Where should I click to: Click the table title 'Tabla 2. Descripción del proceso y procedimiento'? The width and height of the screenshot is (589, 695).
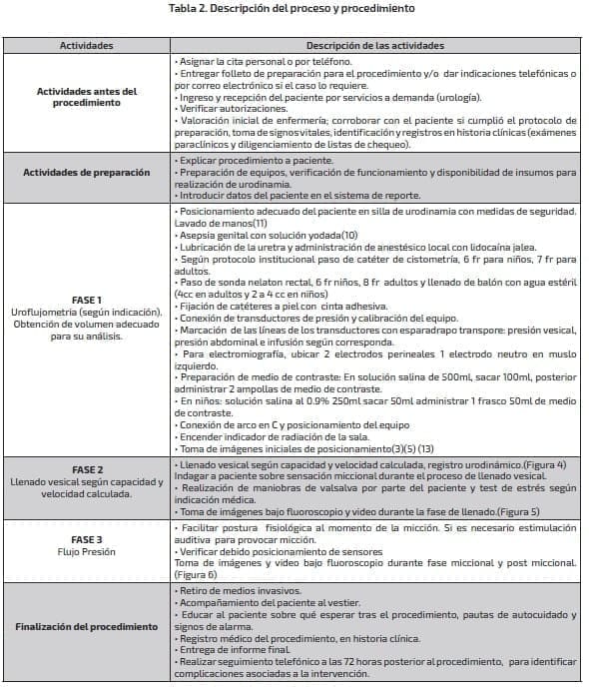[x=294, y=9]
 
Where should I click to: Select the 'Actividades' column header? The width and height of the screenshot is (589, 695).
[x=86, y=46]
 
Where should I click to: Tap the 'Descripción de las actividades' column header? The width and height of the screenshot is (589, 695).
[x=374, y=46]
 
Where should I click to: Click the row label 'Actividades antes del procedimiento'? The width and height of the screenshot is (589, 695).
[x=86, y=97]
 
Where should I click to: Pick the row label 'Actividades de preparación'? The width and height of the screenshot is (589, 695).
[x=86, y=172]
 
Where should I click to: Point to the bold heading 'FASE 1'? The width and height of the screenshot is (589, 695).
[x=86, y=299]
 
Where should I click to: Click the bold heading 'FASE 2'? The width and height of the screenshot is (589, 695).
[x=86, y=469]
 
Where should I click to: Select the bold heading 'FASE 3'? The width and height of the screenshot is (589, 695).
[x=86, y=539]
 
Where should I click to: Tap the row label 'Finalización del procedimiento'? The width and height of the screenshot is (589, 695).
[x=86, y=626]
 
